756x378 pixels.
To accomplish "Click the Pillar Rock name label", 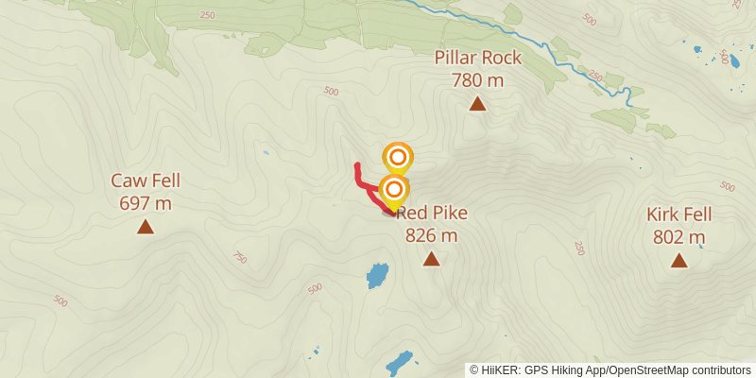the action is pos(477,59).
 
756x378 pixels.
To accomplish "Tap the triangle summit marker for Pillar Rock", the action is pos(478,104).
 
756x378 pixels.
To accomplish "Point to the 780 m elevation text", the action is pos(477,80).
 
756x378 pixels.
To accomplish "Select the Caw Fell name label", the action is pos(146,180).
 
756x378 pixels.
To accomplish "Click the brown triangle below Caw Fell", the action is pos(146,226).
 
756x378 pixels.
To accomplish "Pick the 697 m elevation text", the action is pos(146,202).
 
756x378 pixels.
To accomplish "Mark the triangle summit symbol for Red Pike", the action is pos(432,259).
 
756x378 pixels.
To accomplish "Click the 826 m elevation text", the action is pos(431,235).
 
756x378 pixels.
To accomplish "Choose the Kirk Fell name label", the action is pos(679,215).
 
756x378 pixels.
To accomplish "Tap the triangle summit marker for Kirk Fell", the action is pos(679,260).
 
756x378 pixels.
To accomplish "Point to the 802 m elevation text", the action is pos(679,236).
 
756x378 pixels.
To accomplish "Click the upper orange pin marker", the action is pos(398,157).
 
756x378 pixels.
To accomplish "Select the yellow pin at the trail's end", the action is pos(393,189).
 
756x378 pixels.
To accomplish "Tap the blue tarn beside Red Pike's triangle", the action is pos(377,276).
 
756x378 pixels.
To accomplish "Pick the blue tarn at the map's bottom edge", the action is pos(399,363).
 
